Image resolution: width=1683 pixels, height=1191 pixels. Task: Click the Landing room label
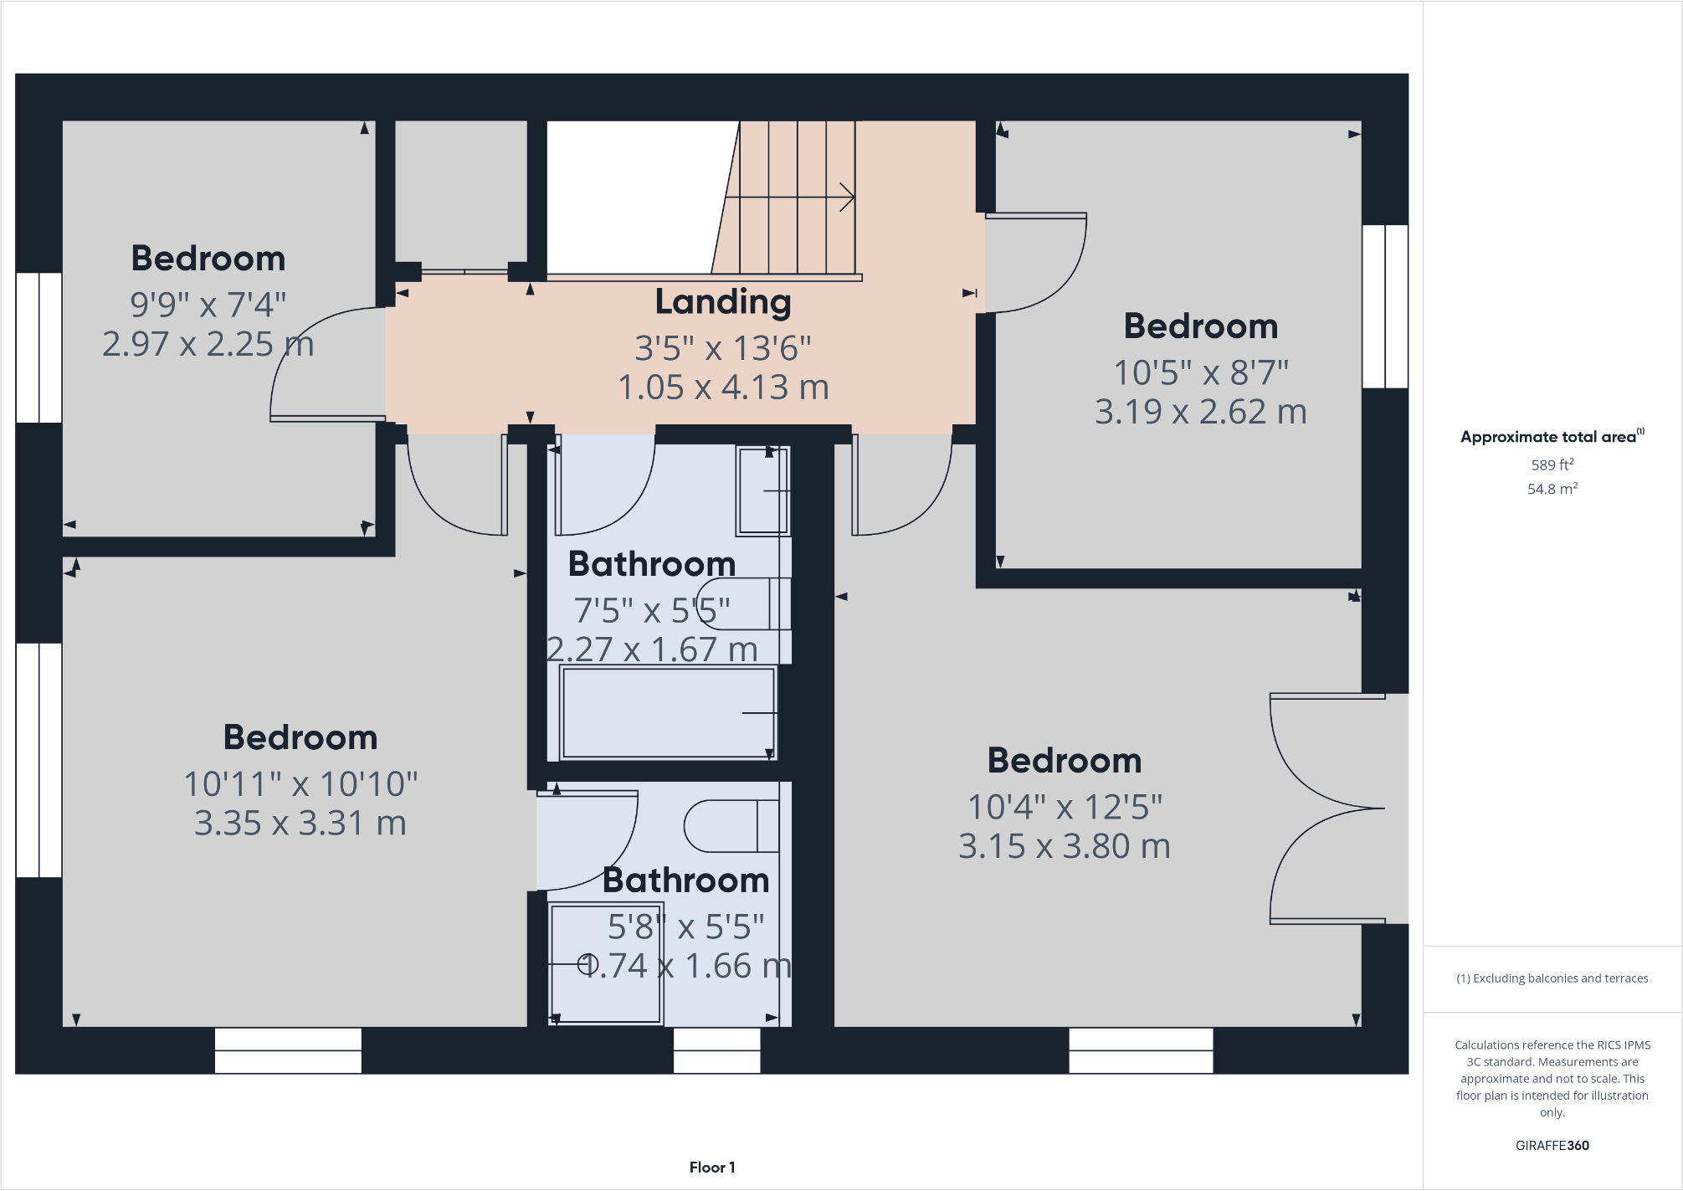point(722,302)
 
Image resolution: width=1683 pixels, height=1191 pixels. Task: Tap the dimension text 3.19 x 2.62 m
point(1200,412)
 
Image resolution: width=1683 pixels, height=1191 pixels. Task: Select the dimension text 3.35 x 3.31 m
point(300,824)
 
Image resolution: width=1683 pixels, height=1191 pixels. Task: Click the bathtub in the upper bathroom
point(667,713)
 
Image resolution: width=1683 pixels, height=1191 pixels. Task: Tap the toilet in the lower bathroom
point(731,826)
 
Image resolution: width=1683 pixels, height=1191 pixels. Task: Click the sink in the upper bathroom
point(762,491)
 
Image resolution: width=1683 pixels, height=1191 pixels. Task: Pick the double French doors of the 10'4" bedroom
point(1326,809)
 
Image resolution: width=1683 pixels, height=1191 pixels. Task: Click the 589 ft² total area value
point(1552,465)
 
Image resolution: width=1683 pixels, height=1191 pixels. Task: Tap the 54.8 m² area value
point(1552,489)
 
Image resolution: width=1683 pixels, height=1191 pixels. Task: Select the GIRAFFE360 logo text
point(1552,1146)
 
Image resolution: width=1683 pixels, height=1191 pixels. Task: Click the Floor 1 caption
point(711,1168)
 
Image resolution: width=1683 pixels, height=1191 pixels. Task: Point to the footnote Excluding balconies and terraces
point(1552,978)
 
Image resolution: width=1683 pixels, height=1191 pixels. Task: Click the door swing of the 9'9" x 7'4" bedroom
point(326,364)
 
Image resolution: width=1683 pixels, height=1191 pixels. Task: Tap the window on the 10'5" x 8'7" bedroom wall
point(1385,306)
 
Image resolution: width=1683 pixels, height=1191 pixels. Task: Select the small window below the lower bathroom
point(716,1050)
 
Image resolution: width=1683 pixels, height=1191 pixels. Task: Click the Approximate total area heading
point(1550,437)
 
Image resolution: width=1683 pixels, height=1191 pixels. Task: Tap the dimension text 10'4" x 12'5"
point(1064,808)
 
